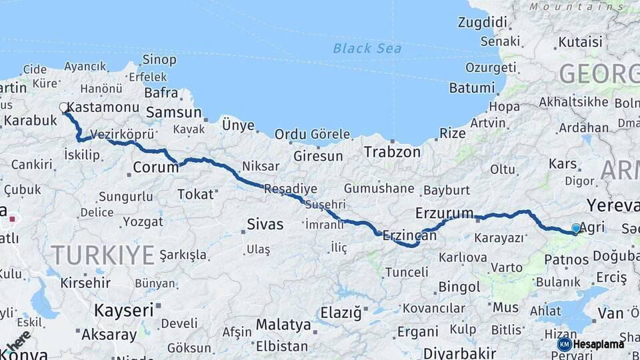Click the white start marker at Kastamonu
pos(64,107)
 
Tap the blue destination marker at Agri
pos(576,229)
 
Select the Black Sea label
pos(367,48)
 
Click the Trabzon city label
pos(392,152)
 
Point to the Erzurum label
pos(444,213)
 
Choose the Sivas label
pos(265,224)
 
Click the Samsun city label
pos(173,112)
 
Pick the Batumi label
pos(472,88)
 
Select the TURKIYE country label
pos(103,255)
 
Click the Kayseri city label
pos(123,310)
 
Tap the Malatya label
pos(284,325)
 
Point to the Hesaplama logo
pos(591,344)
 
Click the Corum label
pos(156,167)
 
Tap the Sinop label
pos(159,60)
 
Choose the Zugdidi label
pos(483,22)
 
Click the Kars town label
pos(562,163)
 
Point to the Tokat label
pos(195,194)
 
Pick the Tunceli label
pos(407,272)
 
